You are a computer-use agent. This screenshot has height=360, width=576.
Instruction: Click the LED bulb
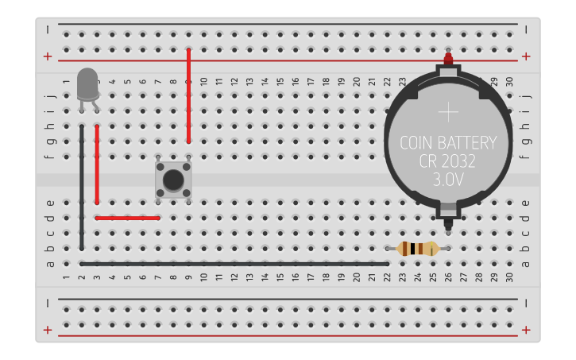pyautogui.click(x=87, y=83)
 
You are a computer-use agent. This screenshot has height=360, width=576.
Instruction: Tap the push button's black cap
pyautogui.click(x=172, y=179)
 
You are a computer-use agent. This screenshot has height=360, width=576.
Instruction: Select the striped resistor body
pyautogui.click(x=417, y=249)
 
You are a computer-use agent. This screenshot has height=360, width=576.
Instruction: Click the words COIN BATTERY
pyautogui.click(x=448, y=144)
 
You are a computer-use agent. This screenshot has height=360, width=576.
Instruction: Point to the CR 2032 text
pyautogui.click(x=448, y=162)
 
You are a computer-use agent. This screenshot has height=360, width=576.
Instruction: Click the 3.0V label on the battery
pyautogui.click(x=448, y=180)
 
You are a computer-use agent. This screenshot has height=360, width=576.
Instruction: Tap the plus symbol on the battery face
pyautogui.click(x=448, y=112)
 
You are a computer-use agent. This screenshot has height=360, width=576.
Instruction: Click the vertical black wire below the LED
pyautogui.click(x=82, y=187)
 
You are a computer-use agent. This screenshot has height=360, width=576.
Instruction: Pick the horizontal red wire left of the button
pyautogui.click(x=127, y=218)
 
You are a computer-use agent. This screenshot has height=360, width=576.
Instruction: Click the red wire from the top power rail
pyautogui.click(x=188, y=95)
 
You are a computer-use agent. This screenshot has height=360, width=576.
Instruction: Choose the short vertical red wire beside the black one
pyautogui.click(x=97, y=164)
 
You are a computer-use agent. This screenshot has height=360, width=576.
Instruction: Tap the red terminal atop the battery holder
pyautogui.click(x=448, y=59)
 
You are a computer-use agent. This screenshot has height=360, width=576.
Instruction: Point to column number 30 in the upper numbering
pyautogui.click(x=509, y=82)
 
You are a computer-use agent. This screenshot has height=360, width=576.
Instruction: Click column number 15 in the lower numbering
pyautogui.click(x=280, y=277)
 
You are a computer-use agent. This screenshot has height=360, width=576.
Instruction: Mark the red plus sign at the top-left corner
pyautogui.click(x=48, y=56)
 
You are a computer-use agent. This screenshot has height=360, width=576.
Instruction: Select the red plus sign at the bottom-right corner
pyautogui.click(x=526, y=330)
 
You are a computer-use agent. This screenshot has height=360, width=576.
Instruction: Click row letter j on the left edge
pyautogui.click(x=50, y=96)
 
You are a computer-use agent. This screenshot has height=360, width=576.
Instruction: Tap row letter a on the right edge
pyautogui.click(x=524, y=264)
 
